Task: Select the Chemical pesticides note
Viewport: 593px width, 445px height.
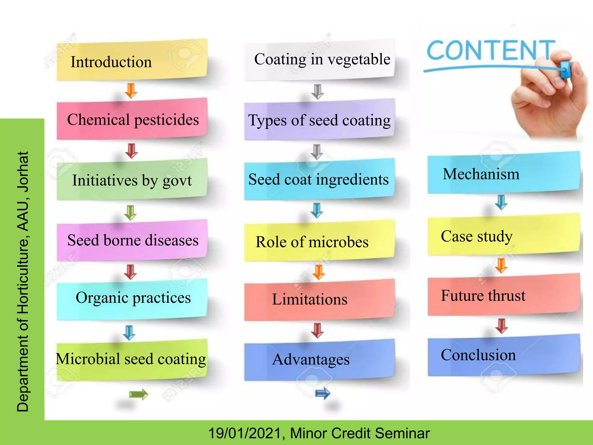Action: (x=132, y=119)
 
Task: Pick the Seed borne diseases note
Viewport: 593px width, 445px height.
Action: (x=132, y=240)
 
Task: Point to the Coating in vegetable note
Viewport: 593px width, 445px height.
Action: (x=320, y=60)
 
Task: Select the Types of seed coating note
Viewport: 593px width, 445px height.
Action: (x=320, y=120)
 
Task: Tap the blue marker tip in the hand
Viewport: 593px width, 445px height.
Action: (x=565, y=70)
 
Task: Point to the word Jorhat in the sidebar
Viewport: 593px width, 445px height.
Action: (x=23, y=172)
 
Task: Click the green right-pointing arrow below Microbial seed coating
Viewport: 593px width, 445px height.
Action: (x=138, y=394)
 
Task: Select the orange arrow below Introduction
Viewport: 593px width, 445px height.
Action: (x=131, y=90)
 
